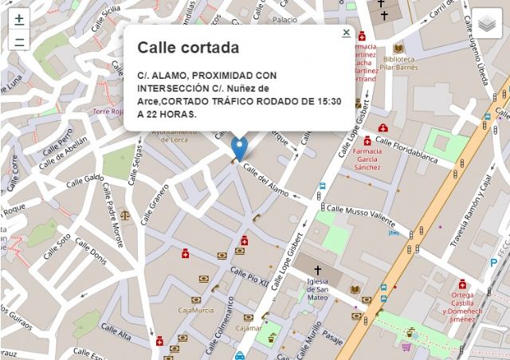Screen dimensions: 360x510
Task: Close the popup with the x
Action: (346, 33)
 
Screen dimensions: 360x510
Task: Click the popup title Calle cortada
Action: (188, 48)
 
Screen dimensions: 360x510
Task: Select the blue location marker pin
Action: (239, 147)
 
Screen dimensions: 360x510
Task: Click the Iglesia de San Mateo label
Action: (318, 289)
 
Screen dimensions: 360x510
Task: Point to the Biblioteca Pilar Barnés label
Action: (399, 63)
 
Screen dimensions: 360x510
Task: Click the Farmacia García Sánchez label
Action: (367, 159)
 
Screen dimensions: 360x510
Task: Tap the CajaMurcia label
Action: (196, 310)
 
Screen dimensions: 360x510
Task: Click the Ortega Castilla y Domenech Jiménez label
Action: (462, 307)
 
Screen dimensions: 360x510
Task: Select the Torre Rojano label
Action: (108, 112)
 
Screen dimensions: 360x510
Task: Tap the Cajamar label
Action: (249, 327)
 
